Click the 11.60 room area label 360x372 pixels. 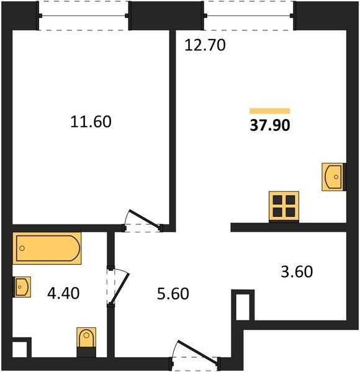point(91,122)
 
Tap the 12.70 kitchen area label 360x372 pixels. point(205,45)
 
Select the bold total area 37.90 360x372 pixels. point(270,125)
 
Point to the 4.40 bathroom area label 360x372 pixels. point(63,293)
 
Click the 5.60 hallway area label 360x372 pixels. point(173,293)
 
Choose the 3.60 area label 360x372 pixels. point(297,272)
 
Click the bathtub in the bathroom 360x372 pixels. point(47,249)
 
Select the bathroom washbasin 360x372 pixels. point(22,287)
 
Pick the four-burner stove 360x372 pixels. point(284,206)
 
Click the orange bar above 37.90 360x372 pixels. point(270,111)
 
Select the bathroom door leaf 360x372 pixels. point(121,288)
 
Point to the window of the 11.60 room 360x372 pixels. point(83,16)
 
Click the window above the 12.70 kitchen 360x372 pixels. point(249,16)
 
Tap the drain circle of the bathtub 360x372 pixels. point(22,249)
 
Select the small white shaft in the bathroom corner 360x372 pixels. point(19,349)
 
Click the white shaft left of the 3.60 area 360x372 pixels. point(243,308)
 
